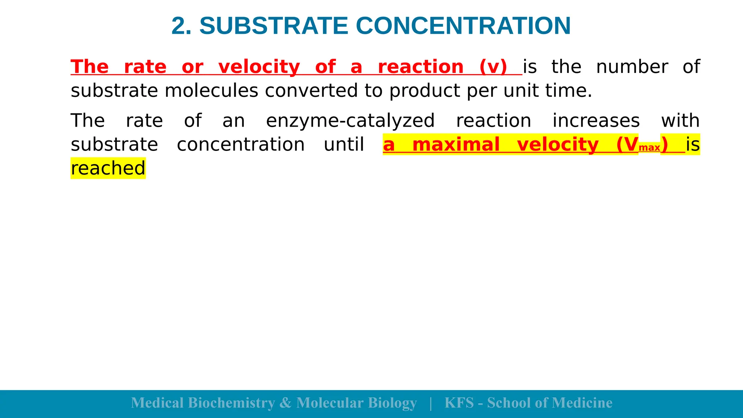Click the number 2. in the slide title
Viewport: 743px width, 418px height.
tap(181, 26)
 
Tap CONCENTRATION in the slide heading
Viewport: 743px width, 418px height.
tap(463, 26)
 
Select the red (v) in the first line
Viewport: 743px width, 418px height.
tap(493, 67)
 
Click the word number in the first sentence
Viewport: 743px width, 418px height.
tap(632, 67)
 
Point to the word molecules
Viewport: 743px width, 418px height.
tap(212, 91)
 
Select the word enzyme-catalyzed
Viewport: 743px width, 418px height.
tap(350, 121)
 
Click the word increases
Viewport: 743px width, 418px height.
tap(596, 121)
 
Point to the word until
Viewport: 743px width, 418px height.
tap(344, 144)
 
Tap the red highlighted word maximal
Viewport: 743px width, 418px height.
tap(456, 144)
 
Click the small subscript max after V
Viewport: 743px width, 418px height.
tap(649, 148)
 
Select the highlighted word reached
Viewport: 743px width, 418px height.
tap(108, 168)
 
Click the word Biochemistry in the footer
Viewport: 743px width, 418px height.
tap(231, 403)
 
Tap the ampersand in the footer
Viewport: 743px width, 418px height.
tap(286, 403)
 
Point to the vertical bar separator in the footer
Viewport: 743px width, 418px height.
tap(431, 403)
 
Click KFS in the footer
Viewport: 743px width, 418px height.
tap(459, 403)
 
